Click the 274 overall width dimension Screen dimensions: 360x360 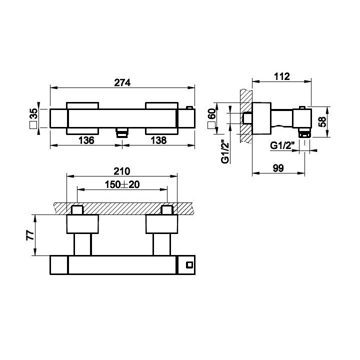(122, 83)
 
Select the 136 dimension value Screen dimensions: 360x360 (86, 140)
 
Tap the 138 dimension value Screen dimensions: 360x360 (158, 140)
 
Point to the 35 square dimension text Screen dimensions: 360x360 (33, 113)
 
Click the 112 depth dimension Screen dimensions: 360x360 (282, 76)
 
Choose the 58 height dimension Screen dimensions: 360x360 (322, 121)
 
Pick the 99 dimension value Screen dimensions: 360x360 (278, 168)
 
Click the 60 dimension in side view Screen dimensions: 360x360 (211, 113)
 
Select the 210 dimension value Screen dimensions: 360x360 (122, 171)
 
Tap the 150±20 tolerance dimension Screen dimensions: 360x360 (122, 184)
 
